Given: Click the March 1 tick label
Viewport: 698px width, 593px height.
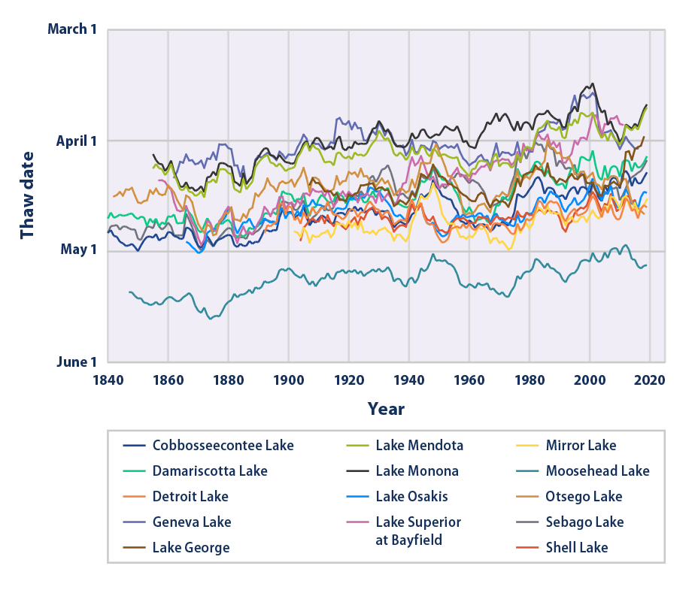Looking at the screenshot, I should tap(72, 29).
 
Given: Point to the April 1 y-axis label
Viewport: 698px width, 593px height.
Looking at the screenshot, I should tap(76, 141).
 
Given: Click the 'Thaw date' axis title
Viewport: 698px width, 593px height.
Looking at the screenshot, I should tap(28, 195).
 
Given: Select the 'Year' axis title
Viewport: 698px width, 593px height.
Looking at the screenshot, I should tap(386, 409).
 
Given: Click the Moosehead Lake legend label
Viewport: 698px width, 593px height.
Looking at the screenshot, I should tap(597, 471).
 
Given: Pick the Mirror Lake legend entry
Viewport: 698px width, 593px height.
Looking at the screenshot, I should tap(581, 446).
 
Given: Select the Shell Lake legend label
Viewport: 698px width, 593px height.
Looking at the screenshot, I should tap(577, 548).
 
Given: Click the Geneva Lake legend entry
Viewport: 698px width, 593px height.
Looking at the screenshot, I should tap(191, 522).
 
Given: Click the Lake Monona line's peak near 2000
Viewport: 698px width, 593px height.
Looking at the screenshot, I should tap(593, 83).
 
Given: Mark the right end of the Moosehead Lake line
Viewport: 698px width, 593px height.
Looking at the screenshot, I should tap(647, 265).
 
